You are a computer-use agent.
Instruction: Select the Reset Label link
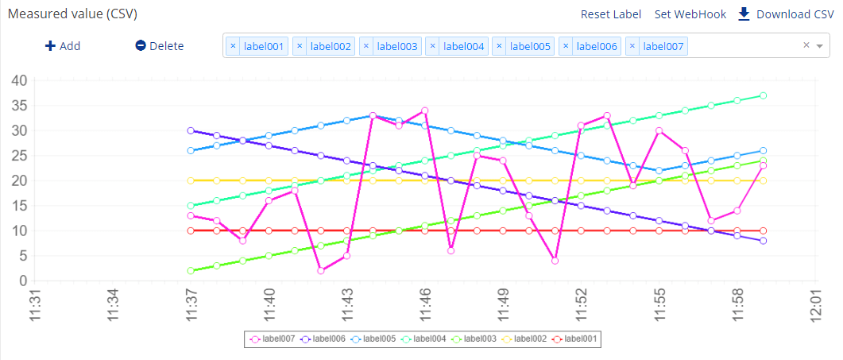610,14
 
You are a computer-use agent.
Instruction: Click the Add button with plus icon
63,46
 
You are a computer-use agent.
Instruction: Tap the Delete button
159,46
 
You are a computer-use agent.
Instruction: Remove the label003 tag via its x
366,47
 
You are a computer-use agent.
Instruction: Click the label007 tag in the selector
663,47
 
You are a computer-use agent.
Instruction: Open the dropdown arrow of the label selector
820,46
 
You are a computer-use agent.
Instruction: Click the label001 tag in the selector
263,47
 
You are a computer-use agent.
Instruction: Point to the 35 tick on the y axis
20,106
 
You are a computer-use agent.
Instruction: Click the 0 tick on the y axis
23,281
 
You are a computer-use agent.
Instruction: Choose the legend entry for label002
529,339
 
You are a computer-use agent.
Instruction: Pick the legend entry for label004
429,339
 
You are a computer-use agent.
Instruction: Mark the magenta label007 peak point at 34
425,110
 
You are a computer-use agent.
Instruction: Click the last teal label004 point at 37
763,95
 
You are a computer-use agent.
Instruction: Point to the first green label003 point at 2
191,271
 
